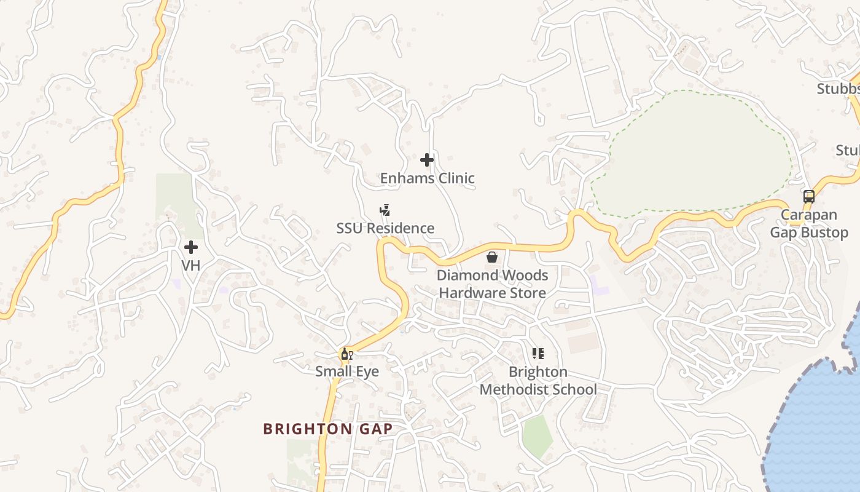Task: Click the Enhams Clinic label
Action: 427,178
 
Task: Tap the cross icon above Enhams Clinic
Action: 427,161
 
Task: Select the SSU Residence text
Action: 385,228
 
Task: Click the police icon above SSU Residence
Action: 385,211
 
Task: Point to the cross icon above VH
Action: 191,247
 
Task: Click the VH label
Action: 191,265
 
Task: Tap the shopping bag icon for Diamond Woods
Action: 492,257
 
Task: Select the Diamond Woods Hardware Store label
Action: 492,284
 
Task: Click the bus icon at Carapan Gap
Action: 809,197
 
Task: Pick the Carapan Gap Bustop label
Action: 809,224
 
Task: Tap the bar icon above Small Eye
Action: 346,354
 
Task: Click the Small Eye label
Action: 346,371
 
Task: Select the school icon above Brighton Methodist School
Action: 538,354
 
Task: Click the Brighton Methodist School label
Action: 538,381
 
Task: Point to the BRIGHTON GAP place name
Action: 327,429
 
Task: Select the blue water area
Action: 817,430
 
